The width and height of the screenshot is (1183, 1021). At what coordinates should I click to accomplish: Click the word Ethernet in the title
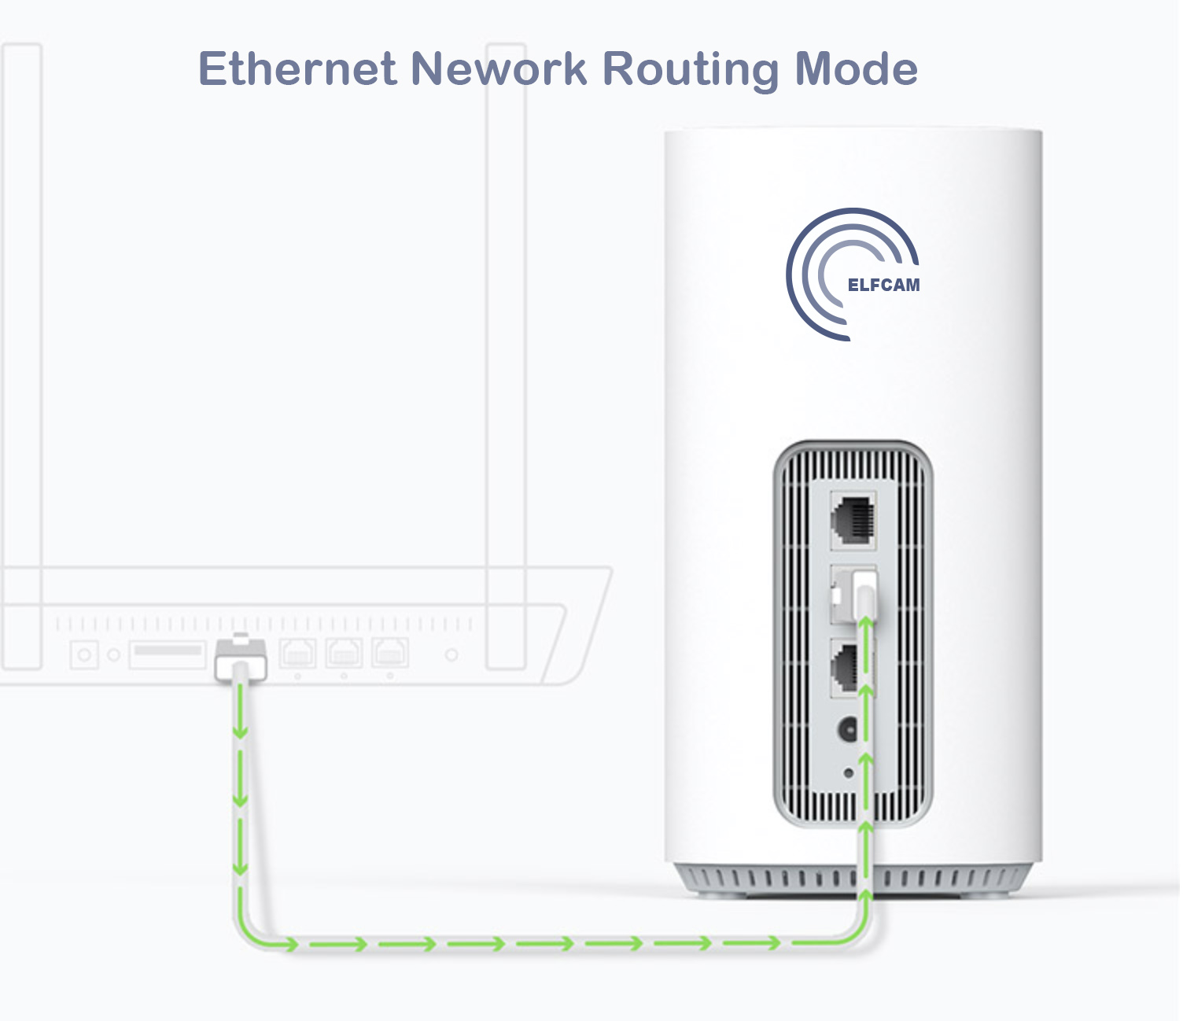pyautogui.click(x=297, y=68)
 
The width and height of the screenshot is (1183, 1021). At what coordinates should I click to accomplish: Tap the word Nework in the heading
pyautogui.click(x=499, y=68)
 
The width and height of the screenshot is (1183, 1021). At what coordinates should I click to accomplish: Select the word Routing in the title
pyautogui.click(x=690, y=70)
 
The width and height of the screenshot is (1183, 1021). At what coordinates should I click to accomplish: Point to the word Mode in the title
pyautogui.click(x=856, y=68)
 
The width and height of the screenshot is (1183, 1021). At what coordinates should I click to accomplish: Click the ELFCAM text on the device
pyautogui.click(x=883, y=285)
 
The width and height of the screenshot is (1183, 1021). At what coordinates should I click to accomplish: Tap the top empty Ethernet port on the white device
pyautogui.click(x=853, y=520)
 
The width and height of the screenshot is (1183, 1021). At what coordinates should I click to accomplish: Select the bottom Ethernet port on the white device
pyautogui.click(x=848, y=667)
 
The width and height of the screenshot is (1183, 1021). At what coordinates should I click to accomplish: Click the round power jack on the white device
pyautogui.click(x=848, y=730)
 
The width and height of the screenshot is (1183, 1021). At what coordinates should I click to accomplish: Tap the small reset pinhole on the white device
pyautogui.click(x=848, y=773)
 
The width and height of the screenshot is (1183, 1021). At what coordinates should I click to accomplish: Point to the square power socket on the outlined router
pyautogui.click(x=84, y=654)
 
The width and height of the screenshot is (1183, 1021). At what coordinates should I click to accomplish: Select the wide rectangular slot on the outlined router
pyautogui.click(x=167, y=653)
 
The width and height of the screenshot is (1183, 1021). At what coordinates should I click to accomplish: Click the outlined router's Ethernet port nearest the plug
pyautogui.click(x=298, y=653)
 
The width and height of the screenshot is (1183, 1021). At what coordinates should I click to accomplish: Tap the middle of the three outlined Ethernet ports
pyautogui.click(x=344, y=653)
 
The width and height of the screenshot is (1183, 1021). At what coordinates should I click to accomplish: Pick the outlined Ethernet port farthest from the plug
pyautogui.click(x=390, y=653)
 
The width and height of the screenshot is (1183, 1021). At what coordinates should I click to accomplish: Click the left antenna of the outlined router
pyautogui.click(x=22, y=354)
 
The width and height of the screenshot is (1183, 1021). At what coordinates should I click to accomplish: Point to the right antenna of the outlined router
pyautogui.click(x=506, y=354)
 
